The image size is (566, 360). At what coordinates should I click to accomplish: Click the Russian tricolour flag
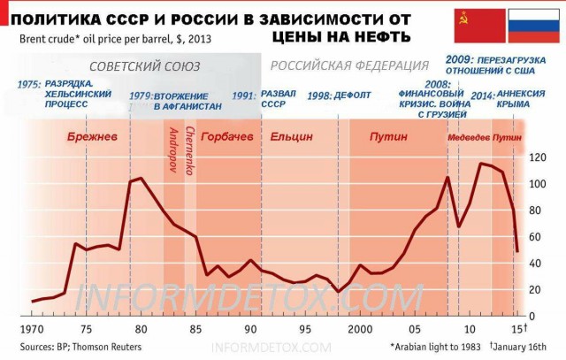point(532,27)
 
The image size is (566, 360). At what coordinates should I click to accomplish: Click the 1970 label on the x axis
point(32,329)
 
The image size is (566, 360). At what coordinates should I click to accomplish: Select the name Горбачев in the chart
point(227,137)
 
